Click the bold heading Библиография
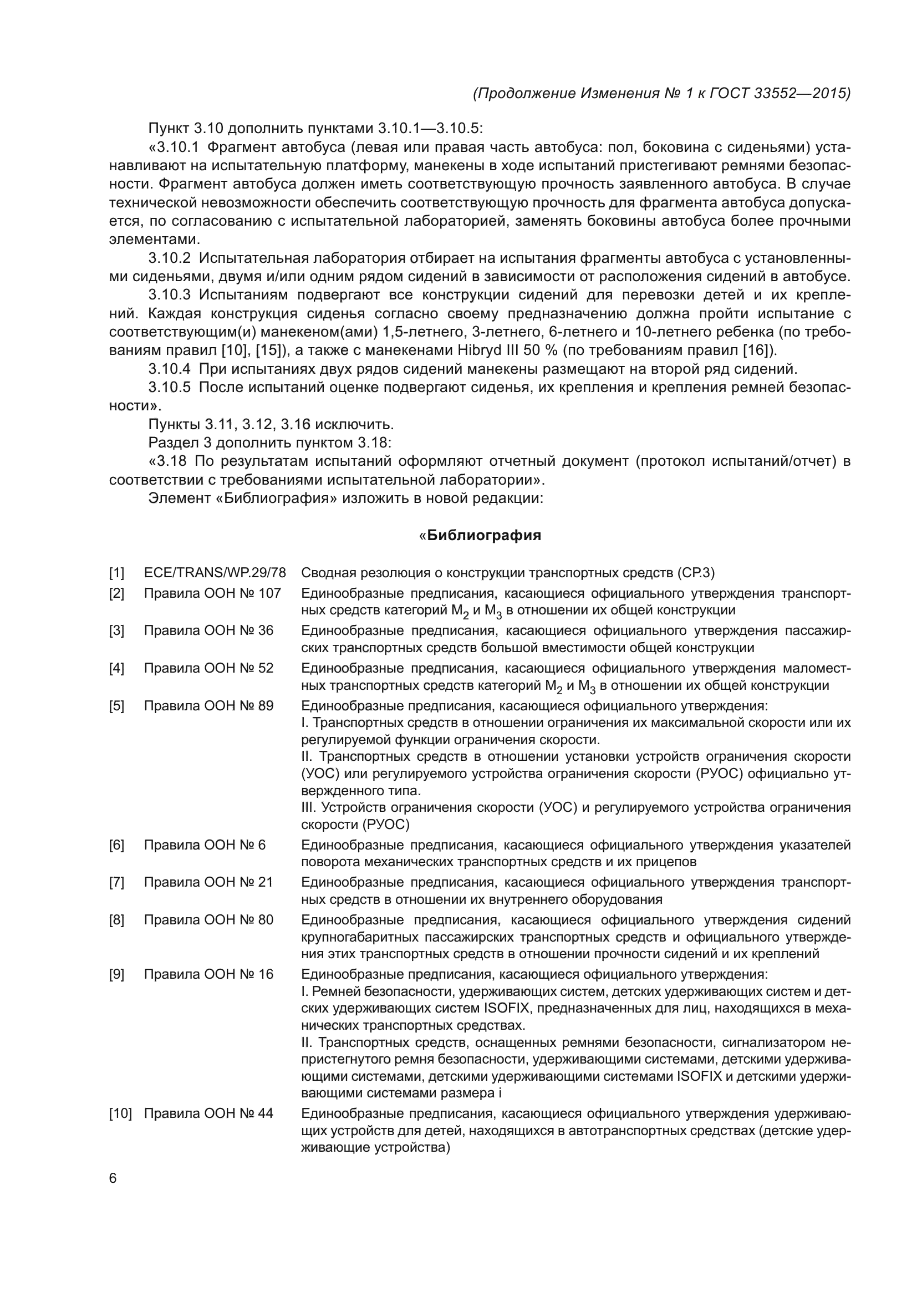tap(484, 536)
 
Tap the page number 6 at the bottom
tap(113, 1178)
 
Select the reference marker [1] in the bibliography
tap(116, 573)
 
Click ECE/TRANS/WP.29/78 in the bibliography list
tap(215, 573)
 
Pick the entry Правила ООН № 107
tap(212, 593)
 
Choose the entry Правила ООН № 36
tap(208, 630)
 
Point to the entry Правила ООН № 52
tap(208, 668)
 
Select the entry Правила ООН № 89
tap(208, 705)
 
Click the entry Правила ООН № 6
tap(205, 845)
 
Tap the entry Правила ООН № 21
tap(208, 882)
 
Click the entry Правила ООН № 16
tap(208, 974)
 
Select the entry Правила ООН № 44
tap(208, 1113)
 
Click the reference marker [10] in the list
tap(120, 1113)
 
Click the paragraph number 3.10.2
tap(170, 258)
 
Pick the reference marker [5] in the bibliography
tap(116, 705)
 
